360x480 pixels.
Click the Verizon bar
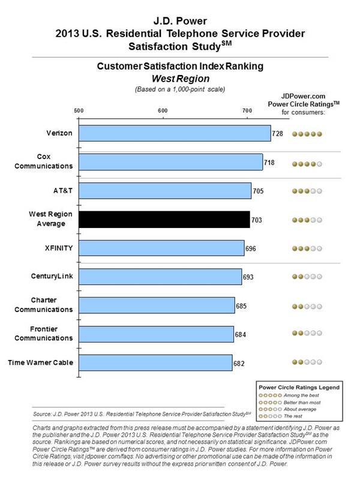tap(174, 133)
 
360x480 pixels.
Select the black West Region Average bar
tap(164, 220)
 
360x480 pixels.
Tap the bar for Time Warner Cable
tap(155, 363)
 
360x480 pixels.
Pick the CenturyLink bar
tap(159, 277)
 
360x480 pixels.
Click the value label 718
tap(271, 163)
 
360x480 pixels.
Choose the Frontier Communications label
tap(52, 333)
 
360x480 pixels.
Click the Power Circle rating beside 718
tap(307, 163)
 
